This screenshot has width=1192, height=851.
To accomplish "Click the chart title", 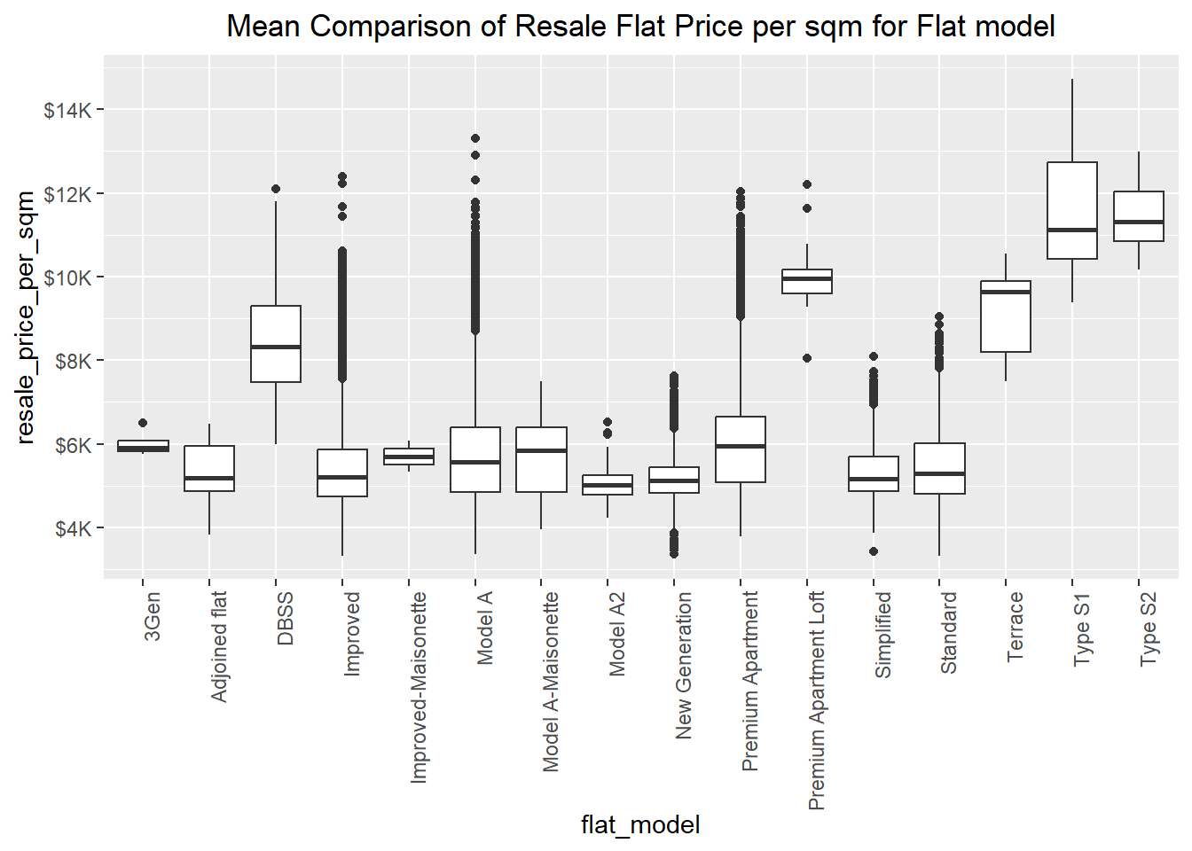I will pos(640,27).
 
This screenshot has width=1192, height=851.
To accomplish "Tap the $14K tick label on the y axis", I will pos(67,110).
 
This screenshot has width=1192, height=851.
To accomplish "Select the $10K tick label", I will pos(67,277).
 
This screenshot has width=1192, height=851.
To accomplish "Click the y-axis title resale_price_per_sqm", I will pos(26,316).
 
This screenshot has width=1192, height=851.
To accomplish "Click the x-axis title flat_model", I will pos(640,825).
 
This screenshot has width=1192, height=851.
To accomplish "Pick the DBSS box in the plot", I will pos(276,344).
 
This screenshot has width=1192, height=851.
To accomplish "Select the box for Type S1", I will pos(1072,210).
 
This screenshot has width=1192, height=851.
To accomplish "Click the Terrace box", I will pos(1006,316).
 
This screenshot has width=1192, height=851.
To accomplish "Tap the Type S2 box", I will pos(1139,216).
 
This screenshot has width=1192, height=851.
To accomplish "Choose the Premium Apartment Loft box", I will pos(807,281).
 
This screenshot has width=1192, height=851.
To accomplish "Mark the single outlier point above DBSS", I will pos(276,189).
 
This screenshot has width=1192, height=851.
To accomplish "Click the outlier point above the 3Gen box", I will pos(143,423).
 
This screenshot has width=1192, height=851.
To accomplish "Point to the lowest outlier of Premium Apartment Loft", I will pos(807,359).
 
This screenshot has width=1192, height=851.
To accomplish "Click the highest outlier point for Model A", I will pos(475,138).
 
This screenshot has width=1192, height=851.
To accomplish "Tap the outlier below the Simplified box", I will pos(874,551).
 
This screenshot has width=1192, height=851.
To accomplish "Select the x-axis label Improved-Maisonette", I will pos(419,688).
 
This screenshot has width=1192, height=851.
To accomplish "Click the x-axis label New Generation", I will pos(684,666).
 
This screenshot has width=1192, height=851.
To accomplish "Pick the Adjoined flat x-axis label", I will pos(219,647).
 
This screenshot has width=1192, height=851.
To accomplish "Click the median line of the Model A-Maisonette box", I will pos(541,450).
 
